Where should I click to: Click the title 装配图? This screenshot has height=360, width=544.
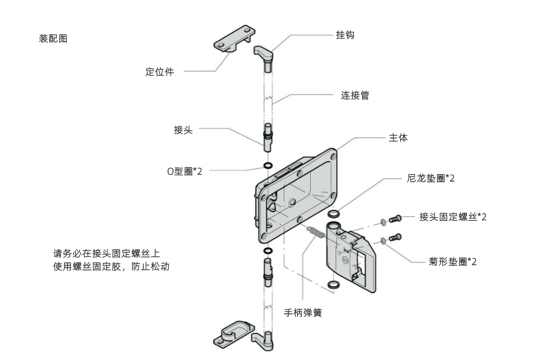coord(53,38)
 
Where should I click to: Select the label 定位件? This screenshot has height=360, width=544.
coord(160,73)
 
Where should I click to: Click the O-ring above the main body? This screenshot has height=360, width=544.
coord(268,165)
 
